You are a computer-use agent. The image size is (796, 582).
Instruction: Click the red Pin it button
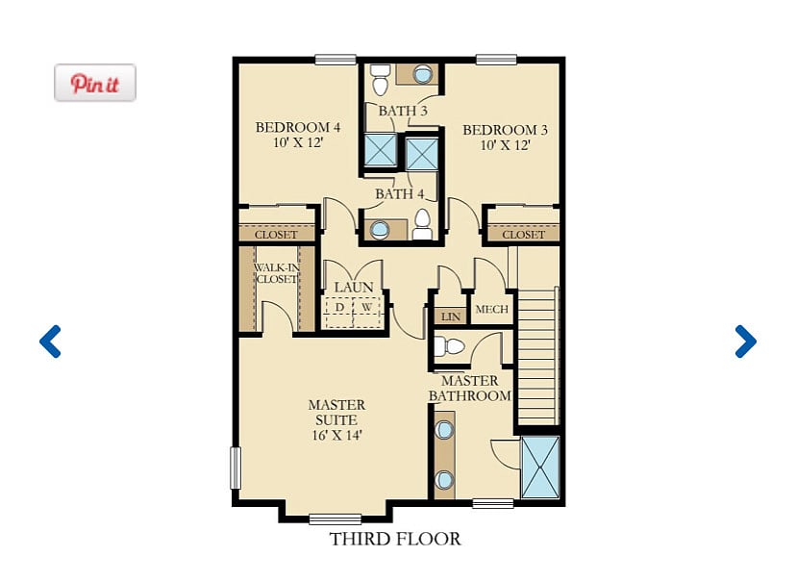(x=95, y=83)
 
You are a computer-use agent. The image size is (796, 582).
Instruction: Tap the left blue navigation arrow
(x=50, y=342)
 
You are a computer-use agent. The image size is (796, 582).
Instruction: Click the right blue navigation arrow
(x=746, y=342)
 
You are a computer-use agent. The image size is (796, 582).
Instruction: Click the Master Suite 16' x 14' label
(x=336, y=420)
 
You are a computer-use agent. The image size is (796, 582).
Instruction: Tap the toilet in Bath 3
(x=379, y=80)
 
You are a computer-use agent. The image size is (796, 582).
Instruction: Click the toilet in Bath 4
(x=422, y=224)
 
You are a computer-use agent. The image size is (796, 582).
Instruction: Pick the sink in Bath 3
(x=422, y=75)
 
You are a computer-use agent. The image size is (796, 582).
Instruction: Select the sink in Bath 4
(x=379, y=229)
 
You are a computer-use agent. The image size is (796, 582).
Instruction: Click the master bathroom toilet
(x=449, y=347)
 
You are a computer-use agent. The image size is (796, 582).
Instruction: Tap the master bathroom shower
(x=540, y=468)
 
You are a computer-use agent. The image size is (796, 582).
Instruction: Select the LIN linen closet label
(x=451, y=316)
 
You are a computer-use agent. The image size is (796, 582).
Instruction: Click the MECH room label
(x=492, y=309)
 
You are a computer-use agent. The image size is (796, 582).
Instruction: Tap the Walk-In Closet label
(x=277, y=273)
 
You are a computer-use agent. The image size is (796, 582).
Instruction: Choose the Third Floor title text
(x=395, y=539)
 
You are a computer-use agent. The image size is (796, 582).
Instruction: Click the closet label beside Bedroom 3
(x=523, y=235)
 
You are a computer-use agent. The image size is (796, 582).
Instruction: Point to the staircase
(x=537, y=356)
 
